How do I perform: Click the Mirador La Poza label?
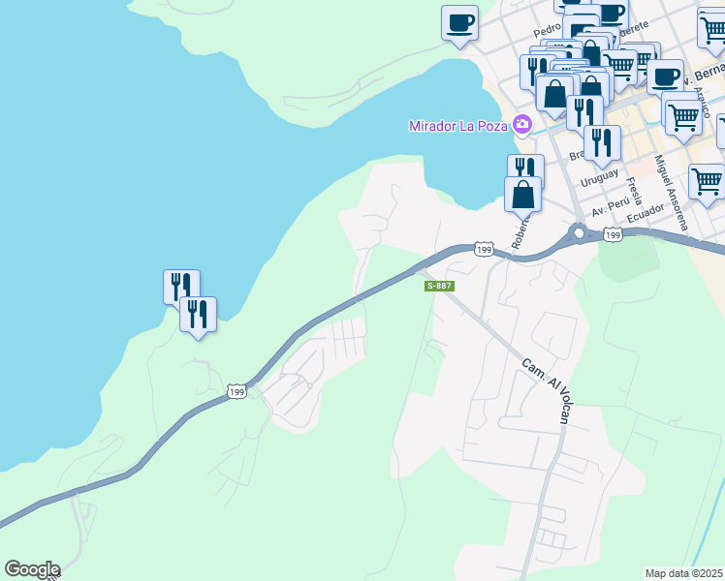[x=458, y=125]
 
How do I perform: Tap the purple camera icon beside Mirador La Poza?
[x=522, y=124]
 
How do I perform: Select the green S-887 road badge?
[x=439, y=286]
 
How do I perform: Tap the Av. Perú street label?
[x=613, y=207]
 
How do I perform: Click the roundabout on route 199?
[x=580, y=232]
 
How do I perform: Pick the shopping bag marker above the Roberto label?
[x=523, y=194]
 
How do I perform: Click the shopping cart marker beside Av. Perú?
[x=707, y=181]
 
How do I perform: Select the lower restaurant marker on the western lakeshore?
[x=198, y=314]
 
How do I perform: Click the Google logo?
[x=32, y=569]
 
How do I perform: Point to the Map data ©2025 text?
[x=683, y=573]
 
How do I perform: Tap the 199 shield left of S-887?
[x=484, y=250]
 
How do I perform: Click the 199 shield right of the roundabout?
[x=612, y=234]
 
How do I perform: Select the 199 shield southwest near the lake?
[x=236, y=391]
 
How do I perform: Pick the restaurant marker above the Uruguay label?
[x=602, y=142]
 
